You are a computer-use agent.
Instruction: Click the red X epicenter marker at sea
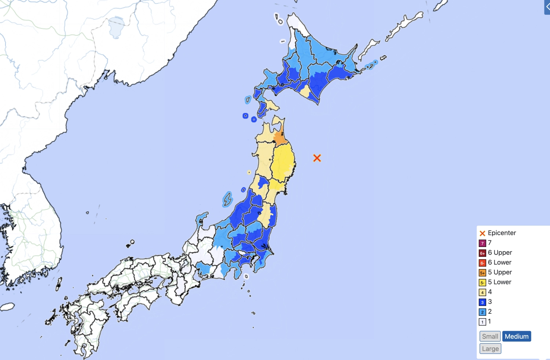(317, 158)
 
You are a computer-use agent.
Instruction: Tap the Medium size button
(517, 336)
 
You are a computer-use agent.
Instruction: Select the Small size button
(490, 336)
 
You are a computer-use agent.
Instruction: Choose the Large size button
(490, 349)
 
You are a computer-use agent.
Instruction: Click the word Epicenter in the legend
(502, 233)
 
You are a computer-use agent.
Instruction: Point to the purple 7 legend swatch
(483, 243)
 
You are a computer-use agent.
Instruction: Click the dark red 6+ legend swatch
(483, 253)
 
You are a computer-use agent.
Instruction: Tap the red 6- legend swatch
(483, 263)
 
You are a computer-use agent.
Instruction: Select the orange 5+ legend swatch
(483, 273)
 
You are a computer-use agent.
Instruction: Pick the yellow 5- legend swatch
(483, 283)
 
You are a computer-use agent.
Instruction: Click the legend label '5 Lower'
(499, 282)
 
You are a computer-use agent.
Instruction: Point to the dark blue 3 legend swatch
(483, 302)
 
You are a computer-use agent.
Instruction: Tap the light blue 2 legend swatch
(483, 312)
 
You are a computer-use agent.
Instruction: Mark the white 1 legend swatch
(483, 322)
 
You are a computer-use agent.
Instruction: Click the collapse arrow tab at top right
(547, 7)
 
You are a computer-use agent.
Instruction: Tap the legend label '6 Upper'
(500, 252)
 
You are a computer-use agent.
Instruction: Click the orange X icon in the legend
(483, 233)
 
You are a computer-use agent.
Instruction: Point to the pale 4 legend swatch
(483, 292)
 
